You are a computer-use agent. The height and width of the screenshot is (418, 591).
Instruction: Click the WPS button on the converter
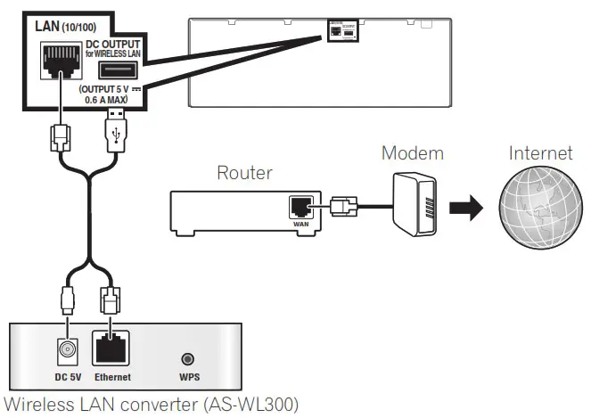pyautogui.click(x=188, y=359)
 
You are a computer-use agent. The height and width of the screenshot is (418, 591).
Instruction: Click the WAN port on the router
pyautogui.click(x=300, y=206)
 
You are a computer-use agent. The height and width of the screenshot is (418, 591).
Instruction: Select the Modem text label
pyautogui.click(x=412, y=152)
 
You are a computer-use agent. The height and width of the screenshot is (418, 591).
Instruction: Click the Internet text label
pyautogui.click(x=540, y=152)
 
